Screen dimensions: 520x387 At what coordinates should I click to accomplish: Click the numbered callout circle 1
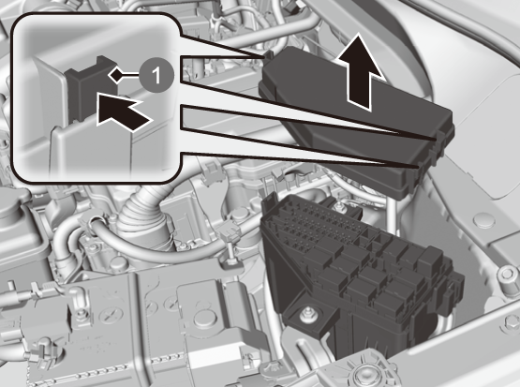156,75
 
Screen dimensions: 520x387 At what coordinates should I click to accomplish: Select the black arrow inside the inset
123,111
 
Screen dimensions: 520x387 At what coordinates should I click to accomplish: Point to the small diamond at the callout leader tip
116,75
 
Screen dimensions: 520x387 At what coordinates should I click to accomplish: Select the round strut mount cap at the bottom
366,372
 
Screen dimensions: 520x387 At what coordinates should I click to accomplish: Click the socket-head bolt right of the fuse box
506,275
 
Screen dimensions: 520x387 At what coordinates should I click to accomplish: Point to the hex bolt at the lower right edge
511,322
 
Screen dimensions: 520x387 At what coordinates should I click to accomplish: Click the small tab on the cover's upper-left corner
268,54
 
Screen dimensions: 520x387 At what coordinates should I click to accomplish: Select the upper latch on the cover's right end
440,141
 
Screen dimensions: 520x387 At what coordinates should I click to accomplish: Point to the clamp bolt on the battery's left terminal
79,313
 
